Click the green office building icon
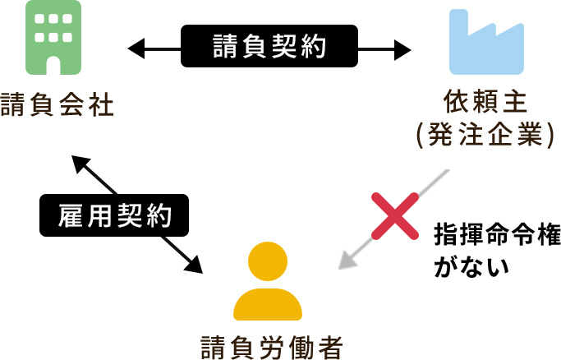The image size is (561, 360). tap(53, 38)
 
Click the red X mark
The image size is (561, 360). tap(392, 215)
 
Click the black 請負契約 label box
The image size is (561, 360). tap(269, 46)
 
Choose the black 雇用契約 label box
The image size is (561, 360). tap(114, 216)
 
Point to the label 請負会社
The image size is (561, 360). tap(54, 106)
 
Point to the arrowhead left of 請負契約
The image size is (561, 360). tap(133, 47)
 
